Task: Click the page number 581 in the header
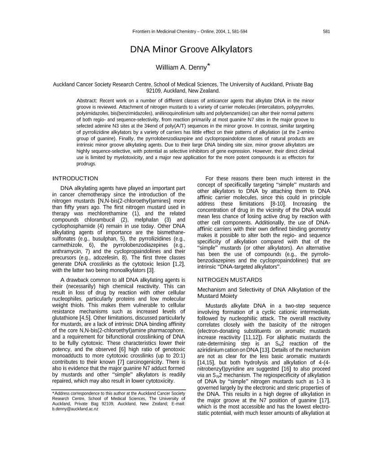coord(326,31)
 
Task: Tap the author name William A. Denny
coord(181,68)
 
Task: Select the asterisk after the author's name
coord(209,65)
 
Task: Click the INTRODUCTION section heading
coord(75,179)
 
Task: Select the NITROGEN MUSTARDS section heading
coord(223,279)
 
